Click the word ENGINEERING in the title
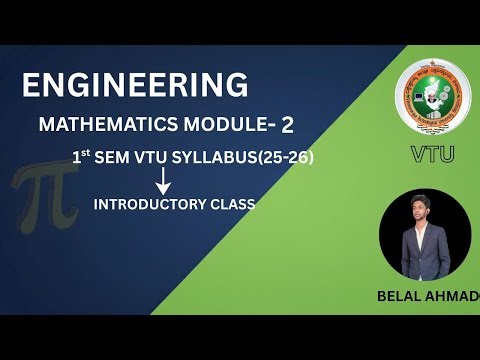point(135,85)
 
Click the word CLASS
point(229,204)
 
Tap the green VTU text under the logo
point(431,155)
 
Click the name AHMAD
point(453,296)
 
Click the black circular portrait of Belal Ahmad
point(425,234)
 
